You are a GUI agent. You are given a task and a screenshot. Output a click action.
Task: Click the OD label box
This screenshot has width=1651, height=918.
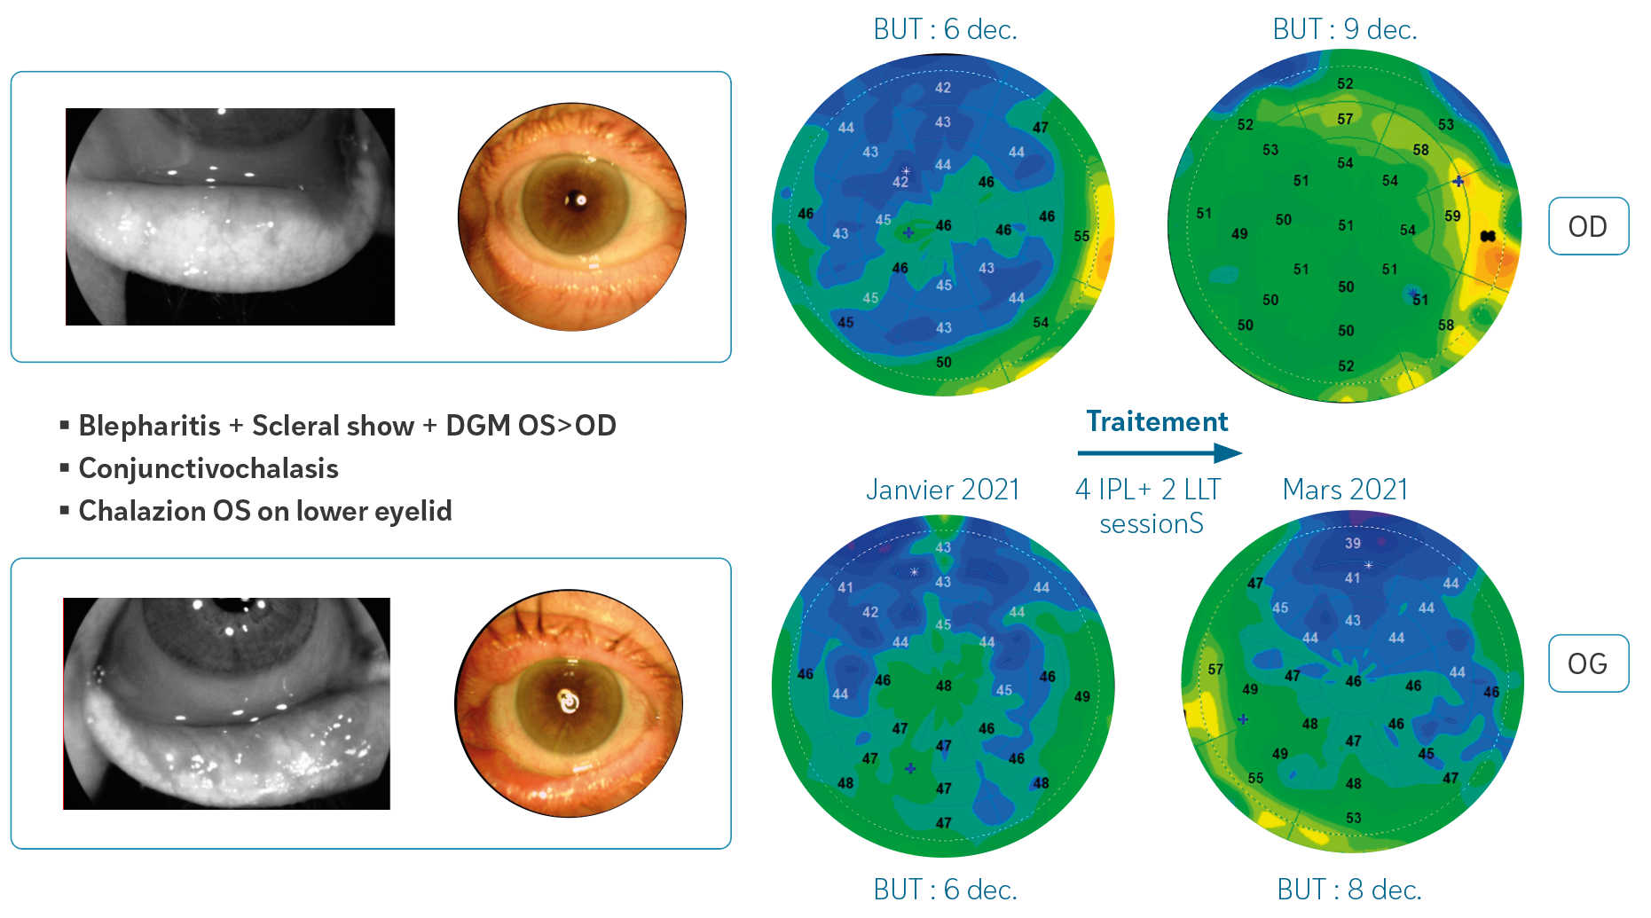1587,226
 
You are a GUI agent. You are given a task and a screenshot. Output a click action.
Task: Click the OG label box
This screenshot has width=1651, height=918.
1587,663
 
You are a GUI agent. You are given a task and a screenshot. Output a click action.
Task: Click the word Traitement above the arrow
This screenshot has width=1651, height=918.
1157,421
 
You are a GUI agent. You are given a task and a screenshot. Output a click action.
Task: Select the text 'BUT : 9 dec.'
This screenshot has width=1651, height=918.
1344,29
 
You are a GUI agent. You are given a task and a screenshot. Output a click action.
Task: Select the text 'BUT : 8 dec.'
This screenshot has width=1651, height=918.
1348,889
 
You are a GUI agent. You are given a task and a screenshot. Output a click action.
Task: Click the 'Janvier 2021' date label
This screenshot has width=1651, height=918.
942,490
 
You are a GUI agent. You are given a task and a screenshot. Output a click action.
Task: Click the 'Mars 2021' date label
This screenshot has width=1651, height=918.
1345,490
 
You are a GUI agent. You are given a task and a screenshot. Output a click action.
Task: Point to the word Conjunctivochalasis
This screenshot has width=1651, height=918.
208,468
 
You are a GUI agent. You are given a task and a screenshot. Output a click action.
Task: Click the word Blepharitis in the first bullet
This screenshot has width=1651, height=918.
149,426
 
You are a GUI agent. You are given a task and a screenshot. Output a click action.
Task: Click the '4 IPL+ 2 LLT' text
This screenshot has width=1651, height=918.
1148,490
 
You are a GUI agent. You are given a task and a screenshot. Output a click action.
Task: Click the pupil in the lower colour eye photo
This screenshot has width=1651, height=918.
568,702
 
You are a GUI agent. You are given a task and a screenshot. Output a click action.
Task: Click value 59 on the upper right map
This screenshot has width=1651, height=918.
1452,216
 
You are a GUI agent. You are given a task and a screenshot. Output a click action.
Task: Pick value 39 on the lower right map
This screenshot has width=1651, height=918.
1352,543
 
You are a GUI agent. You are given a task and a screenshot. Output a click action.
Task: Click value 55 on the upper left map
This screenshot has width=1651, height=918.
1081,236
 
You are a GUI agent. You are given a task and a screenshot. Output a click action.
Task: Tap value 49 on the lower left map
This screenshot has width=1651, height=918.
1082,696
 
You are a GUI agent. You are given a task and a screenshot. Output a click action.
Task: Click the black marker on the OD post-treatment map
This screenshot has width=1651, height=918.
1488,235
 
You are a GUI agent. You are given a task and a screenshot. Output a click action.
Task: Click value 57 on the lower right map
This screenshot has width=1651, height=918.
1215,669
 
